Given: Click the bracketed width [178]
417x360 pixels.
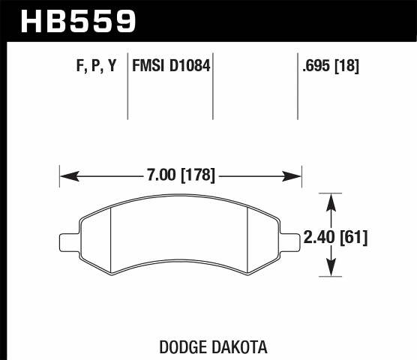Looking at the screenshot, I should coord(198,175).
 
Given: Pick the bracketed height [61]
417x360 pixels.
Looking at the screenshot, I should coord(353,238).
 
